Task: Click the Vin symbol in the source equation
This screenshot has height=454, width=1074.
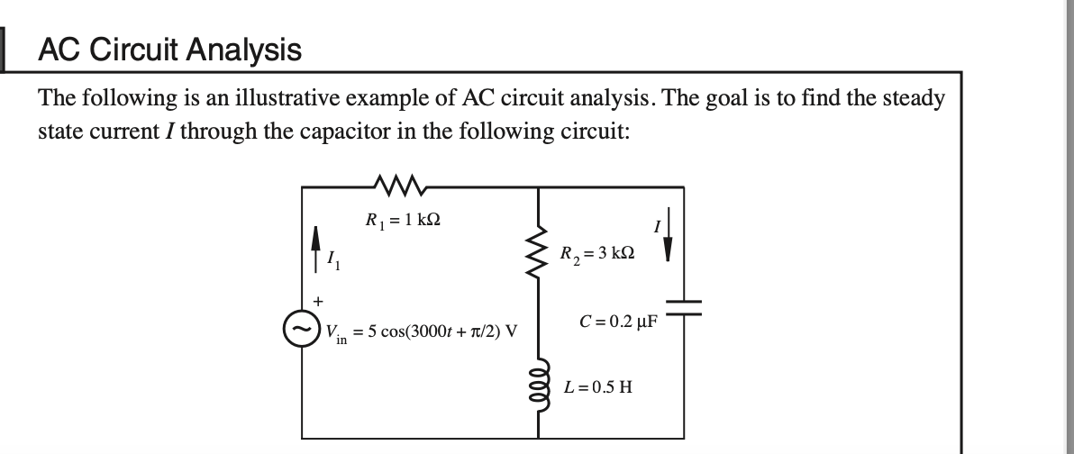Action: click(x=336, y=331)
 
